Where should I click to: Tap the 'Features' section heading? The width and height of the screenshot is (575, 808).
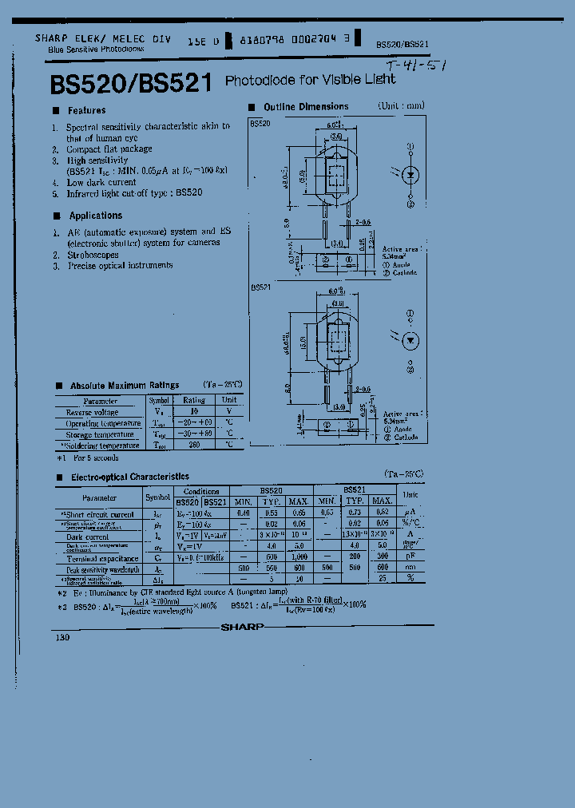pos(87,110)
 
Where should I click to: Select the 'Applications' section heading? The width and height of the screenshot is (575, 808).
pos(95,216)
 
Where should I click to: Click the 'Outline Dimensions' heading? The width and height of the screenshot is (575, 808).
pos(306,106)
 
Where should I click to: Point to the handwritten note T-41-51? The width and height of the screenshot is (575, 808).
pos(414,65)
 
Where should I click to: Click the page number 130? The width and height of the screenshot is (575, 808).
pos(63,636)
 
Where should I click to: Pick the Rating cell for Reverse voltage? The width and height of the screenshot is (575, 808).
pos(194,412)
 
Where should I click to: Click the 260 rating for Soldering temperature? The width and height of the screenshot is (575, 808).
pos(194,445)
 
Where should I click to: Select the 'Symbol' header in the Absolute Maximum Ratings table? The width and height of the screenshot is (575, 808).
pos(159,400)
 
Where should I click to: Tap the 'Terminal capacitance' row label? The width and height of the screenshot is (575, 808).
pos(102,559)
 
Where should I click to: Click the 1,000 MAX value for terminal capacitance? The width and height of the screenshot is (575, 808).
pos(298,558)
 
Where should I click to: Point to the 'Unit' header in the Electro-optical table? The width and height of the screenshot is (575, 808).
pos(410,496)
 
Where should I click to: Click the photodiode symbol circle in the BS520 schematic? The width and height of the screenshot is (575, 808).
pos(410,173)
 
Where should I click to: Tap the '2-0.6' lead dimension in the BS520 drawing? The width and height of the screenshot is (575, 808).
pos(363,222)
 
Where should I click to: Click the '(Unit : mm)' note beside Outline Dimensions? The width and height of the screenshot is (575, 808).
pos(400,105)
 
